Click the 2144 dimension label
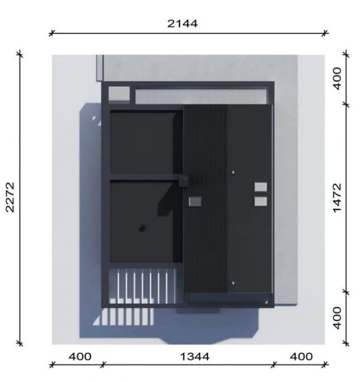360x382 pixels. pos(182,24)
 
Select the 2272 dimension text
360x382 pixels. pos(10,198)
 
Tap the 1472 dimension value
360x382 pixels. pos(337,198)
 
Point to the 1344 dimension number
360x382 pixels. pos(195,356)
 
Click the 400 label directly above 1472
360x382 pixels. pos(337,79)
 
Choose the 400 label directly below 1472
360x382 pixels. pos(337,318)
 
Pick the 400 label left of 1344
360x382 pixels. pos(80,356)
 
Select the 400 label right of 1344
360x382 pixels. pos(302,356)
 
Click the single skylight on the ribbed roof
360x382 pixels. pos(195,202)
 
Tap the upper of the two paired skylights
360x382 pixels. pos(261,187)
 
